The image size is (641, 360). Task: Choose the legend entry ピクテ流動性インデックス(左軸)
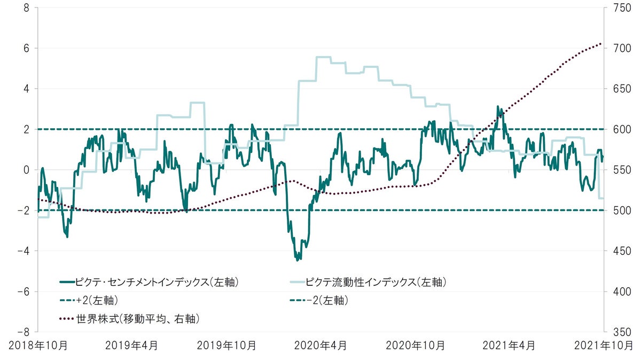pyautogui.click(x=377, y=281)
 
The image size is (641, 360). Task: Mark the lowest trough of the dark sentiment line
pyautogui.click(x=297, y=260)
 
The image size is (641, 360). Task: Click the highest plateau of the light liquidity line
pyautogui.click(x=323, y=57)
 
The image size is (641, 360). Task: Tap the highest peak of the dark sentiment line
pyautogui.click(x=497, y=106)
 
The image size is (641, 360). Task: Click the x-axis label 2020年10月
pyautogui.click(x=415, y=346)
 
